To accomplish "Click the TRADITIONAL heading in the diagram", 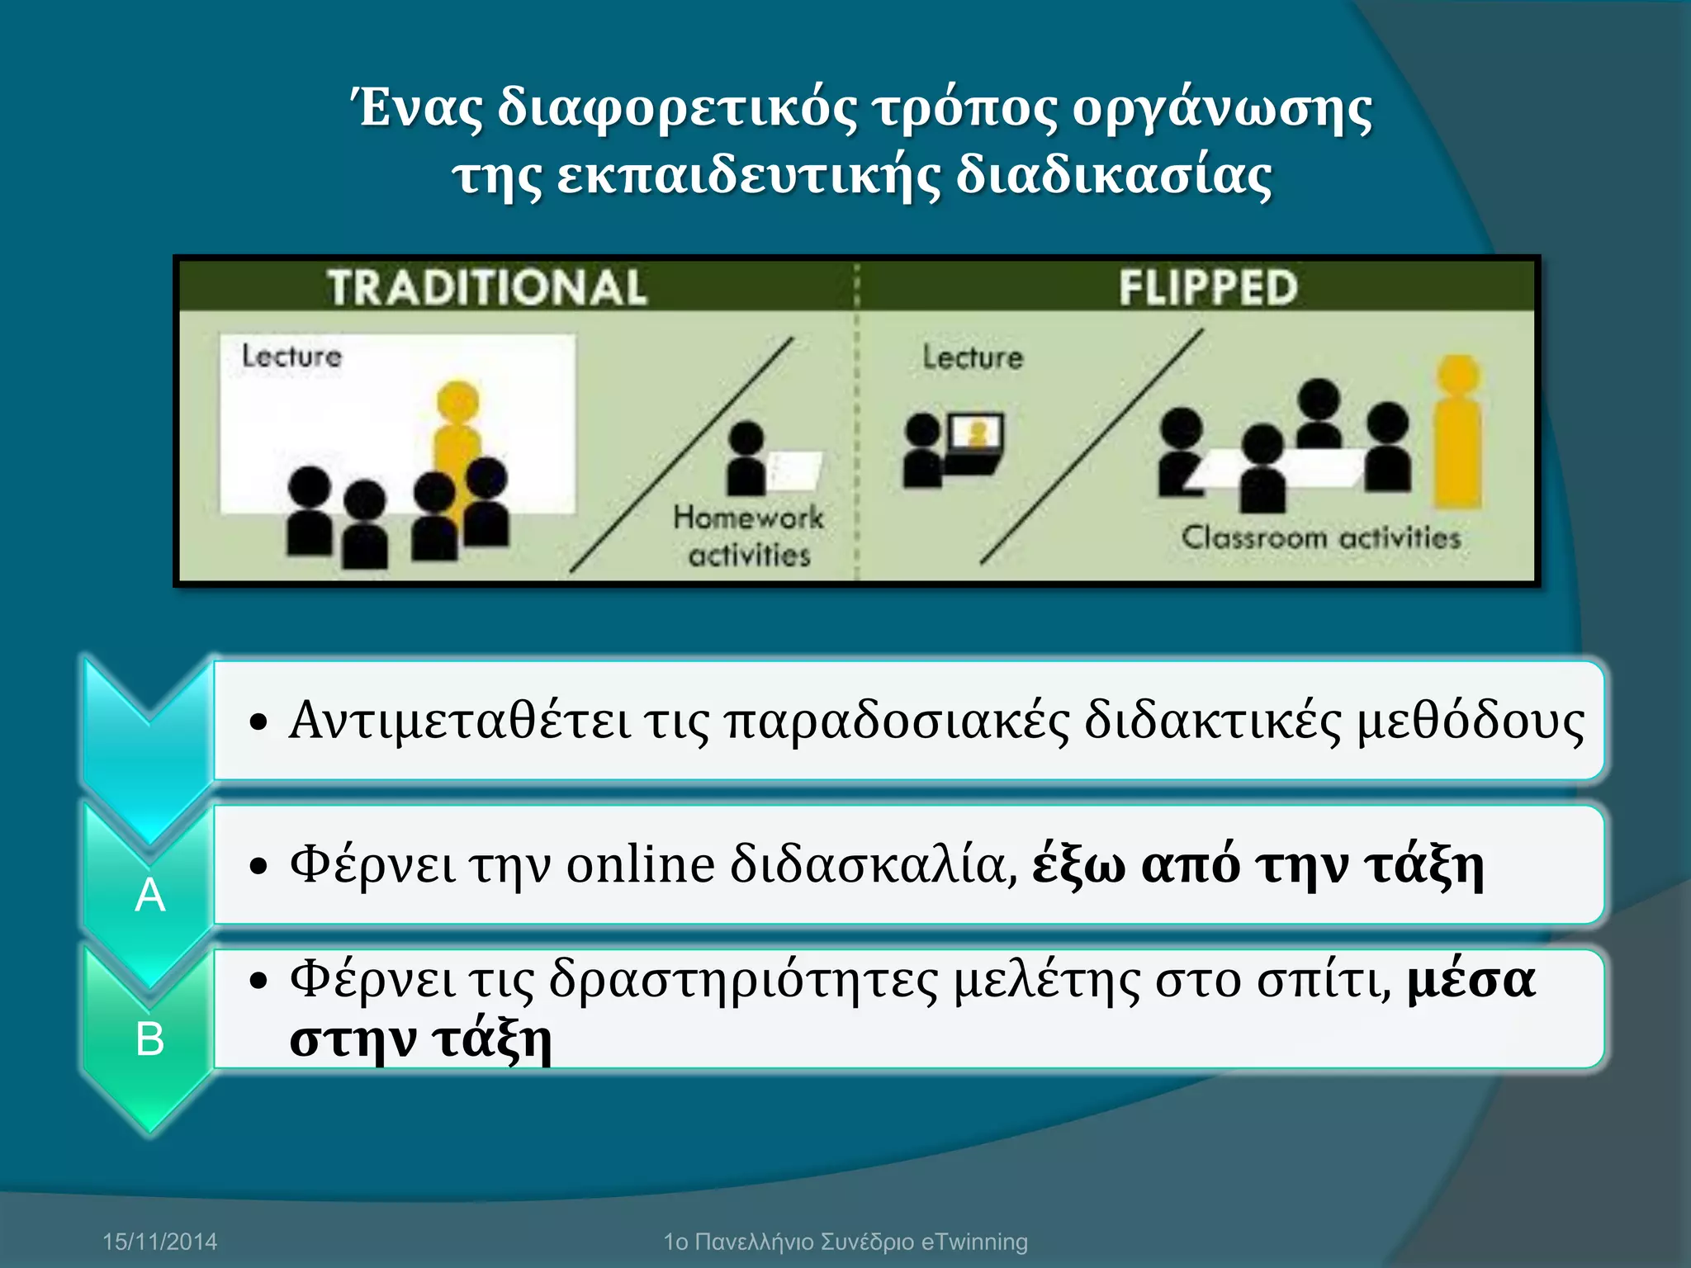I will coord(486,288).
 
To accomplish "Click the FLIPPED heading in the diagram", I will coord(1208,288).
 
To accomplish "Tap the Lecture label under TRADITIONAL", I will coord(291,357).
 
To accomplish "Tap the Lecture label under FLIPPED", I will coord(973,357).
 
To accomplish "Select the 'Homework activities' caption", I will coord(749,537).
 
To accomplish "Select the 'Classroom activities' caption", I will coord(1321,538).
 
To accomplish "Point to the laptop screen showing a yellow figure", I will coord(977,433).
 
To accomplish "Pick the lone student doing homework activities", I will coord(746,458).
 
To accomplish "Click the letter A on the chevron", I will coord(149,895).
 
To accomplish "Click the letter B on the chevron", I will coord(149,1039).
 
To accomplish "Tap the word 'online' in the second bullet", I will coord(641,865).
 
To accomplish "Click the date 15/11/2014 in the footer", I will coord(159,1242).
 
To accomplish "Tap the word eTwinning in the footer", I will coord(974,1242).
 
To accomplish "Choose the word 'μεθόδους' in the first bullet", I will coord(1471,720).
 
